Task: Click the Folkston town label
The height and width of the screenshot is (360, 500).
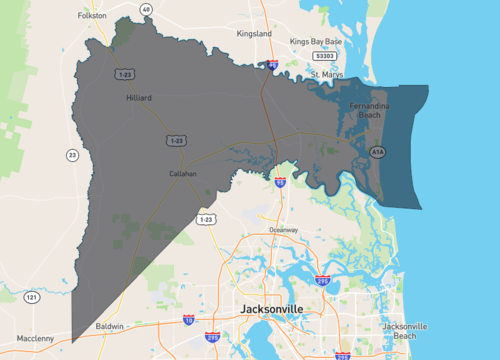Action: point(92,16)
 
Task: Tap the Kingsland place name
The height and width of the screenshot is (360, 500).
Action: point(253,33)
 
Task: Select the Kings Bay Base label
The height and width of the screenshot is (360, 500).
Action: point(316,41)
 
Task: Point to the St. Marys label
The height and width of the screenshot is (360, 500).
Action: point(327,74)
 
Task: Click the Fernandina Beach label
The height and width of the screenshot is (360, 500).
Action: point(369,110)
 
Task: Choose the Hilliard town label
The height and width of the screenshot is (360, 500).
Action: point(138,98)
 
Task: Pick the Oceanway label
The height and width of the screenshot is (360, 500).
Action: point(283,230)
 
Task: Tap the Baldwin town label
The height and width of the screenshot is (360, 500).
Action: point(110,326)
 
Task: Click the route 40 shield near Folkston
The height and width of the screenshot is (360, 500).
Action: point(146,9)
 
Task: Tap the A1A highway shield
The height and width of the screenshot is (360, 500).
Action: point(377,152)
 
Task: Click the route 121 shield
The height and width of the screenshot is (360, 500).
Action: point(32,297)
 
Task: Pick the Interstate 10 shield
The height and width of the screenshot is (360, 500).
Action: point(188,320)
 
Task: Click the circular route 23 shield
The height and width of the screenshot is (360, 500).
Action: point(72,154)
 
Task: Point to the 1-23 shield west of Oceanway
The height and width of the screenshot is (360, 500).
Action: point(206,218)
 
